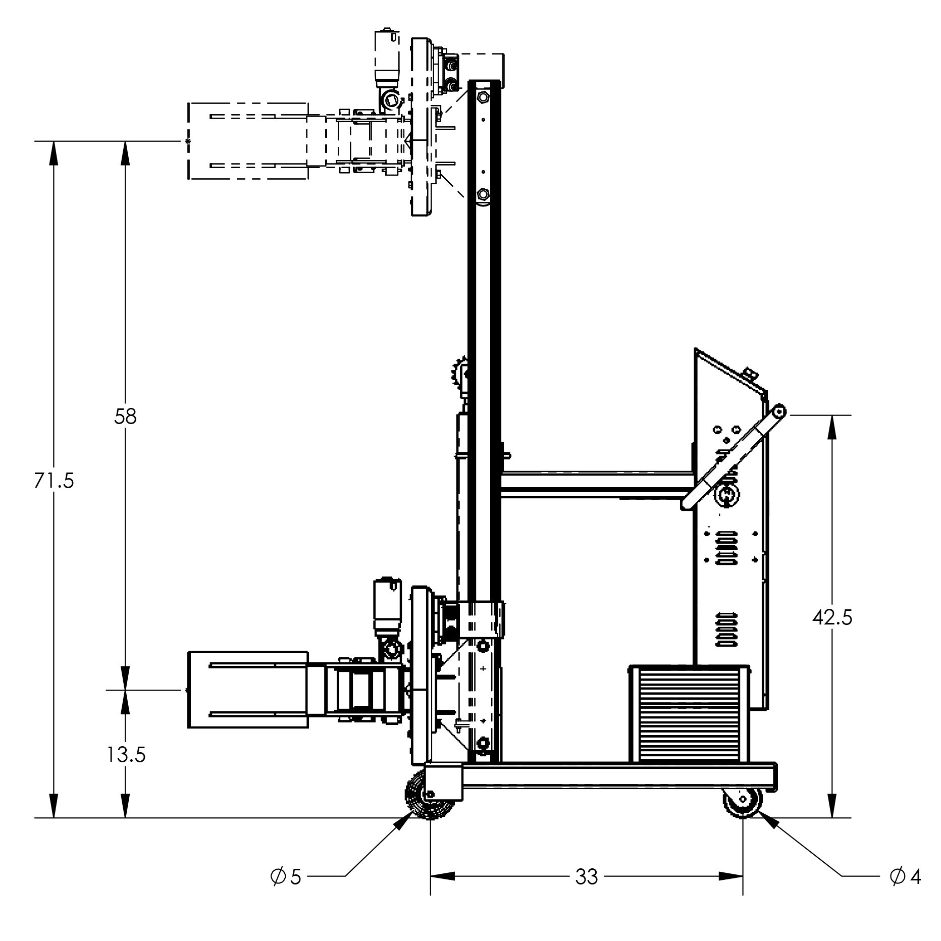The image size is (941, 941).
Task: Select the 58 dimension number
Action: (x=125, y=417)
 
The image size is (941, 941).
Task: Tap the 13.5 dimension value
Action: (x=126, y=755)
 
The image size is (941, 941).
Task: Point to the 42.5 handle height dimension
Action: (x=832, y=617)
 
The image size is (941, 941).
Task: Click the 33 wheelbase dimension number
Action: (x=586, y=877)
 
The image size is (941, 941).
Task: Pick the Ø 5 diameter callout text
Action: (x=286, y=877)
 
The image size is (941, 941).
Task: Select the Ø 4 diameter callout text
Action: (x=905, y=877)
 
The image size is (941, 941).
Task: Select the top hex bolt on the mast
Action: (x=483, y=97)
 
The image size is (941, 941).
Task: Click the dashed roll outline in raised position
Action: (x=247, y=141)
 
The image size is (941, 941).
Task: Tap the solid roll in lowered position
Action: (x=247, y=689)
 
